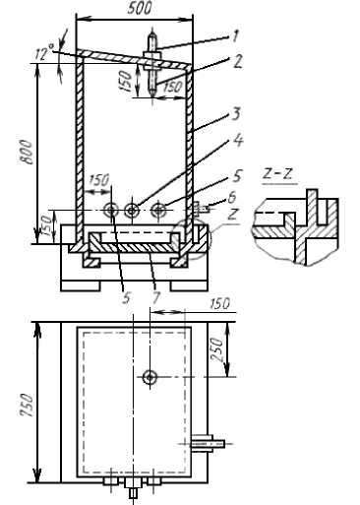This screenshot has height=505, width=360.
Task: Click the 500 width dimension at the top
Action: tap(140, 8)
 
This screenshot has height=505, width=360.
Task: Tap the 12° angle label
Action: tap(45, 52)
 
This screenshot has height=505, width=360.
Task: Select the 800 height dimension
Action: tap(27, 152)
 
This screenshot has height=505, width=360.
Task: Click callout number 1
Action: tap(235, 36)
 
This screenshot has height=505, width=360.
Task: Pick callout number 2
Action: tap(237, 61)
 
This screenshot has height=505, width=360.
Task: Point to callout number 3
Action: tap(236, 113)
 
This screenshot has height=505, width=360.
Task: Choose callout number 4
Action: tap(238, 141)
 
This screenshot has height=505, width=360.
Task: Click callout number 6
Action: tap(232, 198)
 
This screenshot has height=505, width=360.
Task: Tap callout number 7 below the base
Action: tap(156, 298)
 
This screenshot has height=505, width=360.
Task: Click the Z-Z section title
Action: tap(278, 174)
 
